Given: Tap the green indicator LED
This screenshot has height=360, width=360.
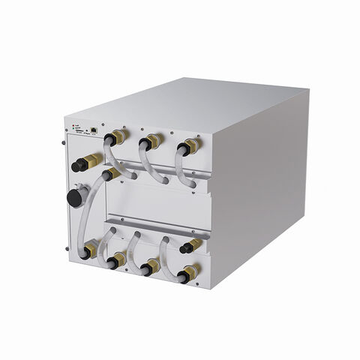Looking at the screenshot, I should [x=73, y=128].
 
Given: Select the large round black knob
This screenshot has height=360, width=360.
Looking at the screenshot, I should [x=74, y=196].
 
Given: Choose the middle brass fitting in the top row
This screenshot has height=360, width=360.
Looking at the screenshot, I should [x=152, y=139].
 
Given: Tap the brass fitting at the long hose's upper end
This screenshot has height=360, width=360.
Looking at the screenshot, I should [x=110, y=175].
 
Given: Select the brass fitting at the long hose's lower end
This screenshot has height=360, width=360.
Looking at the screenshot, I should [x=90, y=248].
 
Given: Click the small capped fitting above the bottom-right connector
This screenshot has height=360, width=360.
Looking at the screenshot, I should [x=190, y=245].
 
